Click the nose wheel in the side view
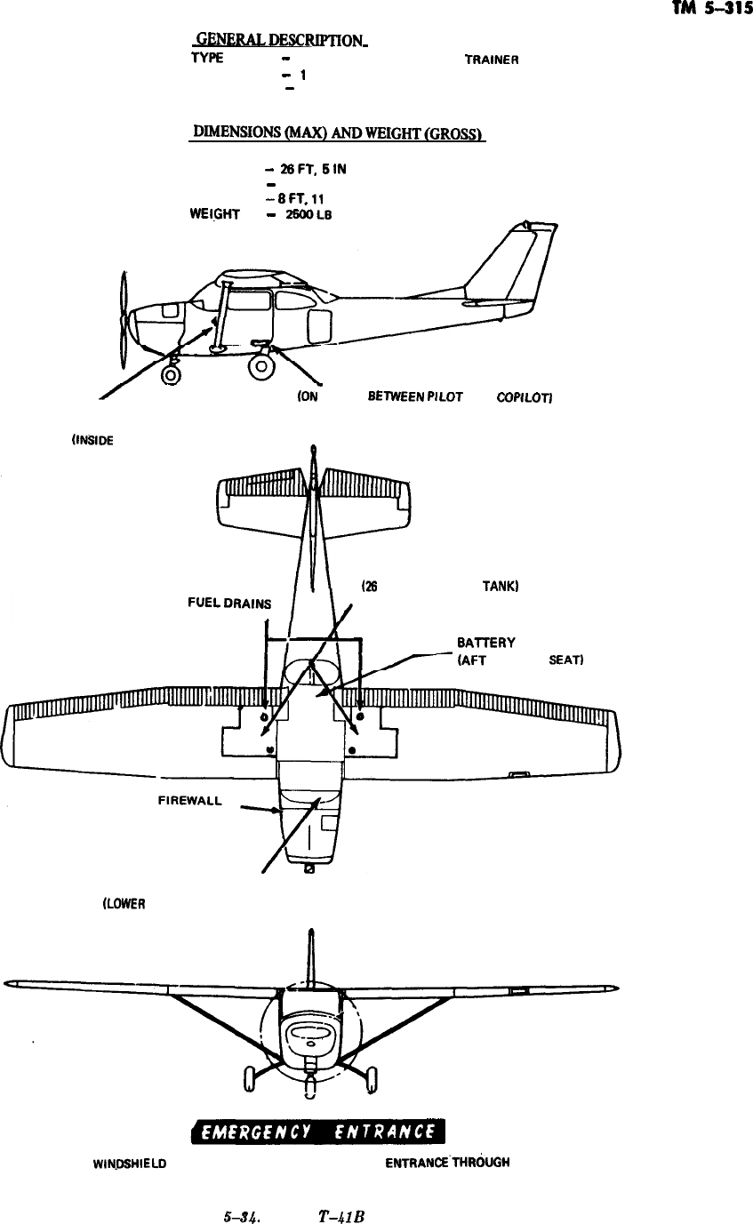pyautogui.click(x=171, y=374)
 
